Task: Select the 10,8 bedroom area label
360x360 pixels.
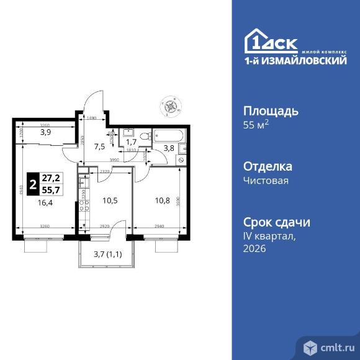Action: pyautogui.click(x=161, y=200)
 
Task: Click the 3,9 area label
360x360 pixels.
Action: pyautogui.click(x=45, y=132)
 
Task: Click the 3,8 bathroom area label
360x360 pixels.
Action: pyautogui.click(x=169, y=148)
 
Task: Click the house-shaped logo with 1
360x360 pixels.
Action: pyautogui.click(x=256, y=41)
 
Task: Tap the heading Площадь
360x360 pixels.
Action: pyautogui.click(x=271, y=112)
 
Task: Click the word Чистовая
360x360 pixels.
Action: pyautogui.click(x=264, y=181)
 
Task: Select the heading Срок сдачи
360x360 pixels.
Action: pyautogui.click(x=276, y=223)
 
